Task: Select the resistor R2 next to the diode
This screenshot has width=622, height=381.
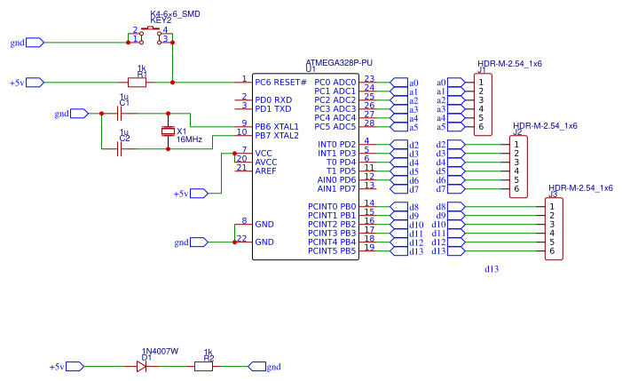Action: [x=204, y=366]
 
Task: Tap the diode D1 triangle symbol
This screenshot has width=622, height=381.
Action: [x=141, y=366]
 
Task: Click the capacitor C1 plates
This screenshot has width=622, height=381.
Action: [x=120, y=114]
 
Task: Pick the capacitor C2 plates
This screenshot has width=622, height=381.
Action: [x=120, y=148]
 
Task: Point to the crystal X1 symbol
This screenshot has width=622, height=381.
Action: [x=169, y=131]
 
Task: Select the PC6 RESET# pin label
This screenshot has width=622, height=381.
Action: [x=280, y=82]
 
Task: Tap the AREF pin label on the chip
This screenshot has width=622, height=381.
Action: [x=265, y=171]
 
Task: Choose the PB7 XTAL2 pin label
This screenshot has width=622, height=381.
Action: [x=277, y=135]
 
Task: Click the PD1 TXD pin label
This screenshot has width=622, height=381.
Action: [x=273, y=108]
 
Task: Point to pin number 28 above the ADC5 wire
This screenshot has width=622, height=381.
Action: [x=369, y=123]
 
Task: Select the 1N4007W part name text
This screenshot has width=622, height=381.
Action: [x=160, y=352]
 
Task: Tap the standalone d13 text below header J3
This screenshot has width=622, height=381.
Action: [x=492, y=268]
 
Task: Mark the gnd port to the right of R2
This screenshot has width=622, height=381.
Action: [x=257, y=366]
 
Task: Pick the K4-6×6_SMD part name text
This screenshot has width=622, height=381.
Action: [x=176, y=14]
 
